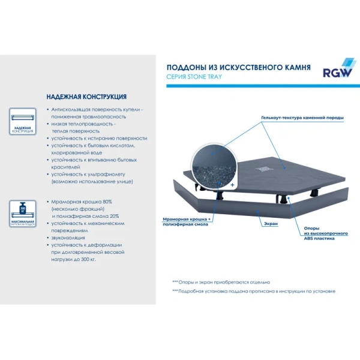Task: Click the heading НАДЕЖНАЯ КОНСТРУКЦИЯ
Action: click(86, 97)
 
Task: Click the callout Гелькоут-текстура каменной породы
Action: click(302, 117)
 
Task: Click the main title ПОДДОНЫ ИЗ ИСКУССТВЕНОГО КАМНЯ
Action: click(238, 67)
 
